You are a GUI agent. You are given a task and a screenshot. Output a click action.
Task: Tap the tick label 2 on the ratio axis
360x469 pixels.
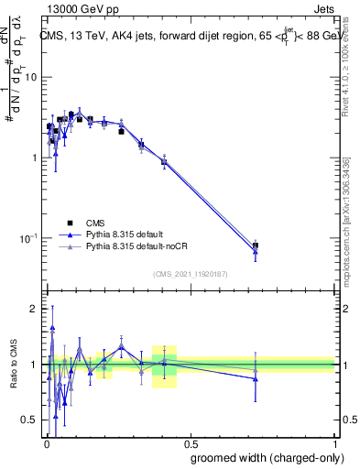[x=35, y=309]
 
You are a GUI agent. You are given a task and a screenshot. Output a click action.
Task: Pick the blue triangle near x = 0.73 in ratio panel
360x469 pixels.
[x=255, y=378]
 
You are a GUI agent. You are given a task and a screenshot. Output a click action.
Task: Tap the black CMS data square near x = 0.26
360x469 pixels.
[x=121, y=131]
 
